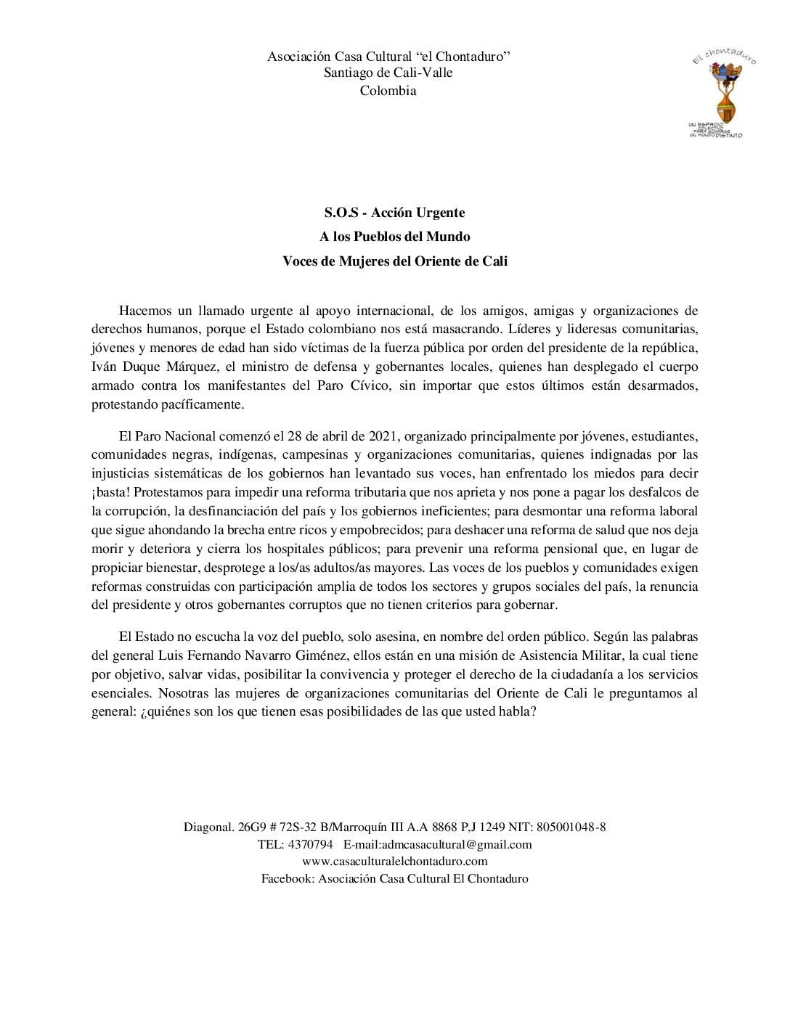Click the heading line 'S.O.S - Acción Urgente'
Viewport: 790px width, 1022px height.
(x=394, y=213)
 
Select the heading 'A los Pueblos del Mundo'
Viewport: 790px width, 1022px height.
(x=394, y=237)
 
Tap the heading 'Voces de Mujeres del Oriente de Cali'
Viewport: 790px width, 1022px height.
(x=394, y=261)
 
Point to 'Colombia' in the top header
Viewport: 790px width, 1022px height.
(x=388, y=91)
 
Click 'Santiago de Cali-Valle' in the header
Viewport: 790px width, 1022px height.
(x=388, y=73)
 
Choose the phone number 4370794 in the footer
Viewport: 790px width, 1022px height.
(x=311, y=844)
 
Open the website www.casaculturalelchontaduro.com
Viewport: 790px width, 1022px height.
(x=394, y=862)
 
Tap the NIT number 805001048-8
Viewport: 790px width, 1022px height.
(x=570, y=827)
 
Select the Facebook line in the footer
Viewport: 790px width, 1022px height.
(x=394, y=878)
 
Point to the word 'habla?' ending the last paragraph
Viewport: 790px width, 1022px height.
(x=518, y=712)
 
